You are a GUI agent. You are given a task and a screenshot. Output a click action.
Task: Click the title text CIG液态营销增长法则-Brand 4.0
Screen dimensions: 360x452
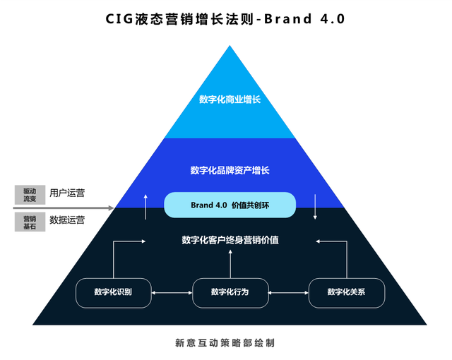[226, 19]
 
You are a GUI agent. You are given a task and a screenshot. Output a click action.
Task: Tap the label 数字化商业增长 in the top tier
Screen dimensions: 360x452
[230, 100]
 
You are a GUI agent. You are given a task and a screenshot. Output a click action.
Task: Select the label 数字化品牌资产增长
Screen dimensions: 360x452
[230, 170]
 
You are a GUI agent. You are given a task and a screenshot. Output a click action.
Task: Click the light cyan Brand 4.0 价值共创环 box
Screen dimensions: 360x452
[230, 205]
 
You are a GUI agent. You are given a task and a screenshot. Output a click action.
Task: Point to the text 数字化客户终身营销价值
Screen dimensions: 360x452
[230, 240]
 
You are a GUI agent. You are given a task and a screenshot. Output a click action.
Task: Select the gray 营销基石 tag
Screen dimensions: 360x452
[29, 222]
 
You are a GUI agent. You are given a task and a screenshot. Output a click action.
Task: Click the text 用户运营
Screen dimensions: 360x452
[67, 193]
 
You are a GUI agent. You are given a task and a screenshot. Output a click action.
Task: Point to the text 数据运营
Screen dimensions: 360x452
[67, 220]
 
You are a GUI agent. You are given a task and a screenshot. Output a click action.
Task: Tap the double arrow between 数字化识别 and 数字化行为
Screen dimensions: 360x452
[172, 293]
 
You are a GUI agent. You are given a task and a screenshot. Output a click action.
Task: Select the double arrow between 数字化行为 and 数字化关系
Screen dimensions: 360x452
[288, 293]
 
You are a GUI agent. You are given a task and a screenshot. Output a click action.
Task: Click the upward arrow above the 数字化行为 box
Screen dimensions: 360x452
[230, 264]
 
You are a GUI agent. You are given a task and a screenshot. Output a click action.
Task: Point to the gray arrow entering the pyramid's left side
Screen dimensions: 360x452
[64, 208]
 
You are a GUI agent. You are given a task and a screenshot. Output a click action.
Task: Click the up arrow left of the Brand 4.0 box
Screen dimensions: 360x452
[145, 205]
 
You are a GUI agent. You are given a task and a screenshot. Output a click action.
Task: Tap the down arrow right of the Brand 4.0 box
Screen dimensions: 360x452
[316, 205]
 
